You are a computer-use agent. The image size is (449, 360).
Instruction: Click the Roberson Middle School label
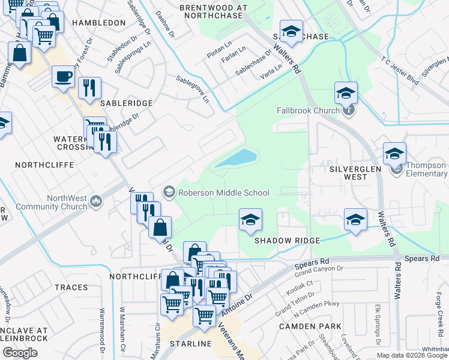tap(223, 192)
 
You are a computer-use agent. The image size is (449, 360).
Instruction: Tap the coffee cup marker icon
tap(63, 77)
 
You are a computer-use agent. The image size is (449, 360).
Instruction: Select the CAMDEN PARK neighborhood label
tap(310, 326)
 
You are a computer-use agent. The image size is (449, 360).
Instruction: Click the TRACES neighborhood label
tap(71, 287)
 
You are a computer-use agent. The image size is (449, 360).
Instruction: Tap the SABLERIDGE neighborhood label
tap(126, 103)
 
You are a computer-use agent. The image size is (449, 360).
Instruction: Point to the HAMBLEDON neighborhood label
tap(98, 22)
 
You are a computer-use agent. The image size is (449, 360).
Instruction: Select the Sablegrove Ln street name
tap(194, 88)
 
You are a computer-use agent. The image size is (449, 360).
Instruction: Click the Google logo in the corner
tap(20, 352)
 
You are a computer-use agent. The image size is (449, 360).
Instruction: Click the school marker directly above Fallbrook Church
tap(346, 93)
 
